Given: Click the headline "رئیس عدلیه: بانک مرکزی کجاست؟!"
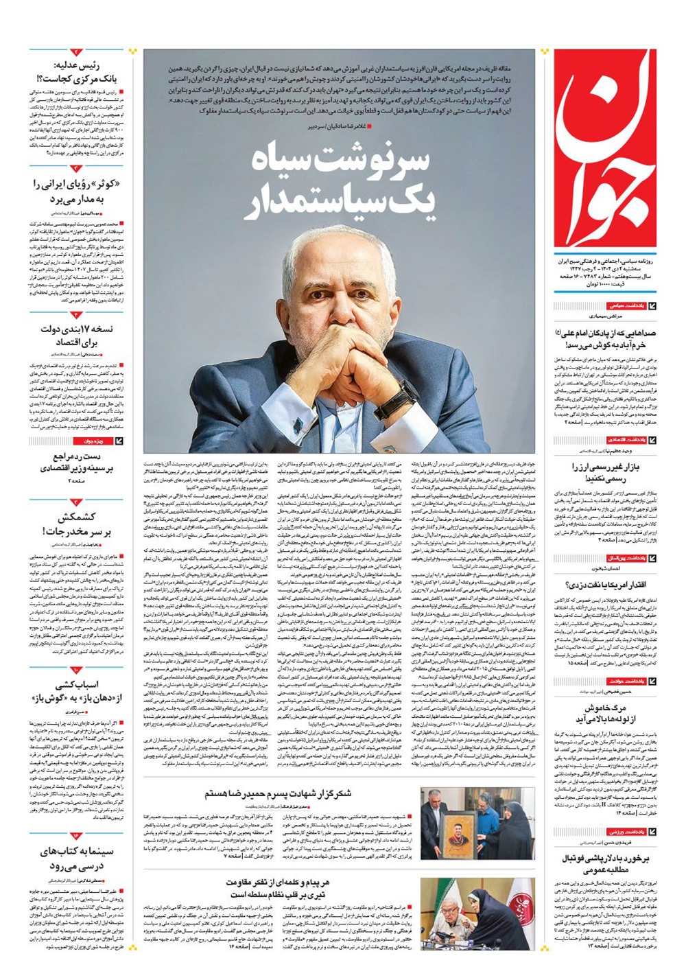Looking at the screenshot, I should [x=75, y=73].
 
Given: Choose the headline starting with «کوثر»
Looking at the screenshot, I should [x=76, y=191].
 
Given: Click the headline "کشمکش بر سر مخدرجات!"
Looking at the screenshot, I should [x=76, y=524].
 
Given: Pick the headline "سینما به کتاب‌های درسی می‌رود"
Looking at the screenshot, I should [x=76, y=859].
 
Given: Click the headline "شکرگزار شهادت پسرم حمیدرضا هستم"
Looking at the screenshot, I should [x=278, y=794].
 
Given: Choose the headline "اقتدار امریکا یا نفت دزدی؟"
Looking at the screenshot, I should [x=606, y=585].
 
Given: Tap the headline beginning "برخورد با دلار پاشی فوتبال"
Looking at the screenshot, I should [x=606, y=863].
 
